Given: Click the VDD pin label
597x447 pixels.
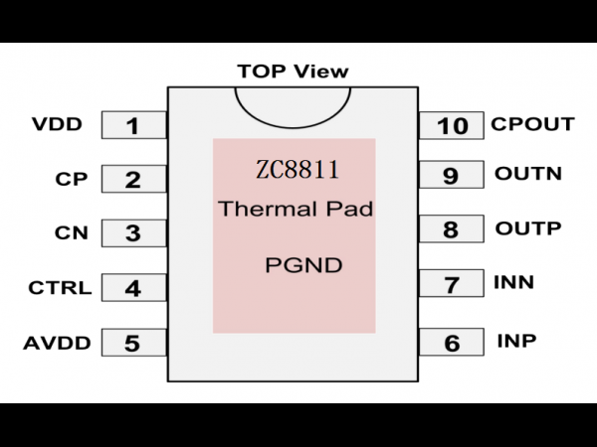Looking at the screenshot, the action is click(x=57, y=124).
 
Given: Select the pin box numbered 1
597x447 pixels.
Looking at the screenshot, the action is click(x=134, y=125).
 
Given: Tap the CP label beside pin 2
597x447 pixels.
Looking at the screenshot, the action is click(x=72, y=179).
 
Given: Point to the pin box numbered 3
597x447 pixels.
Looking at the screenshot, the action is click(x=134, y=233).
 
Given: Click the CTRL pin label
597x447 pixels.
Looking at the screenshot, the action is click(x=60, y=288).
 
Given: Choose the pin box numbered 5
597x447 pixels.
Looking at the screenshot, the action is click(x=134, y=343).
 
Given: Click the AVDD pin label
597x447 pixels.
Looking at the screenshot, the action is click(x=57, y=343).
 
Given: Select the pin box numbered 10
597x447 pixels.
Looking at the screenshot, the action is click(x=451, y=125).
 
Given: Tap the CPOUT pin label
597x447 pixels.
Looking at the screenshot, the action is click(x=532, y=124).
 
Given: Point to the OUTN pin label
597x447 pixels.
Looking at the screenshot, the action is click(x=528, y=173).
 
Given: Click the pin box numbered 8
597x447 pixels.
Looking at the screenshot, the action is click(x=451, y=228).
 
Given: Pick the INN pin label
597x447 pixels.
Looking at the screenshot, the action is click(x=513, y=282).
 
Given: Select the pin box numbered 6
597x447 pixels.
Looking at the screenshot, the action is click(x=451, y=342).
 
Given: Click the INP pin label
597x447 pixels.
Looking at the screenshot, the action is click(x=516, y=341).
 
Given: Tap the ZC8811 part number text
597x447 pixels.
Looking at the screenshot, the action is click(x=297, y=170).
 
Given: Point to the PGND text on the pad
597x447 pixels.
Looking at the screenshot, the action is click(x=303, y=265).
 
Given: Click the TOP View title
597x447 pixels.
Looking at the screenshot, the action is click(x=293, y=72).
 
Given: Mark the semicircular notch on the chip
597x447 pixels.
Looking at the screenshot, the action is click(x=293, y=126).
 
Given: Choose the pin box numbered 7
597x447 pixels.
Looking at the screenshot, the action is click(x=451, y=283).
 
